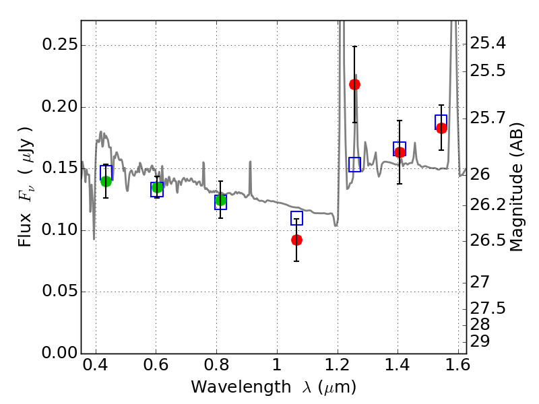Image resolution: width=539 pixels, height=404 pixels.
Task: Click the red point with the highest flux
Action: pos(354,84)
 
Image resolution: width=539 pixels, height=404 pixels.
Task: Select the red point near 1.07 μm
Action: pos(296,240)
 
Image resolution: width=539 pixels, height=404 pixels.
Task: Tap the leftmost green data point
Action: pos(106,181)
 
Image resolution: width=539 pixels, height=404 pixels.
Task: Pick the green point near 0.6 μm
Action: pos(157,187)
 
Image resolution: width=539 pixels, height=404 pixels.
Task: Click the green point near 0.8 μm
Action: pos(220,200)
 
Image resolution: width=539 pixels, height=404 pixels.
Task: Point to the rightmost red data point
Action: pos(441,128)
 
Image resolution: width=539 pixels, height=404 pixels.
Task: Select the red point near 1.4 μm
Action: pos(400,152)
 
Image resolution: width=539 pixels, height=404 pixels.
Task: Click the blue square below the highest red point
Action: pos(355,164)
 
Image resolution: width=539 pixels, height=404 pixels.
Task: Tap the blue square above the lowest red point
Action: pos(296,218)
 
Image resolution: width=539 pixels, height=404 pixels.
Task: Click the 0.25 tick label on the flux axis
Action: pos(59,46)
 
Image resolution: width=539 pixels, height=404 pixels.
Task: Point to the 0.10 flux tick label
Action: pos(59,230)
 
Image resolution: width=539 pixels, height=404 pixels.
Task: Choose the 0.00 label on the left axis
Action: pos(59,353)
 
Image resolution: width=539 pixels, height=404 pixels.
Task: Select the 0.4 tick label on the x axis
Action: pos(96,368)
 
